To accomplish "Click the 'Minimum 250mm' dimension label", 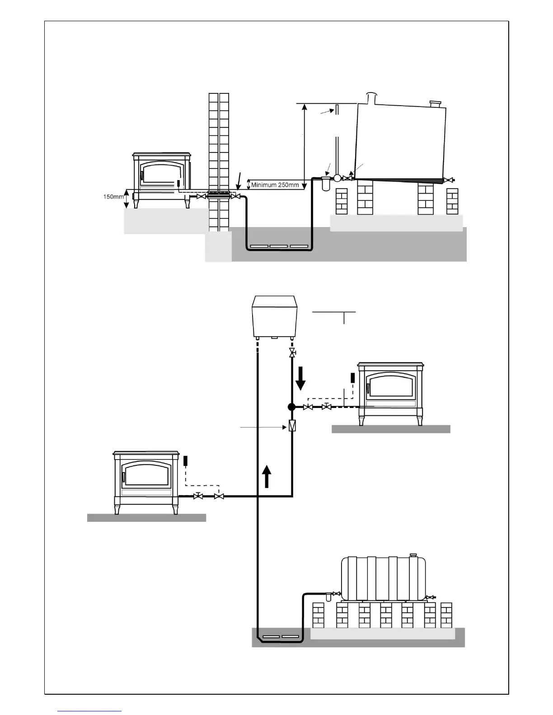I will pyautogui.click(x=275, y=185).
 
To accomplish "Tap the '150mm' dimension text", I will pyautogui.click(x=113, y=197).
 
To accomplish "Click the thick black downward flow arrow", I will pyautogui.click(x=300, y=378).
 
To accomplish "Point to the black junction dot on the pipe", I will pyautogui.click(x=292, y=407).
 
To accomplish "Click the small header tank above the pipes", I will pyautogui.click(x=274, y=316).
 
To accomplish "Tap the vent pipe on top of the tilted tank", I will pyautogui.click(x=371, y=97).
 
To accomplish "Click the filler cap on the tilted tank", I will pyautogui.click(x=436, y=104).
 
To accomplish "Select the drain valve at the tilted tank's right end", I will pyautogui.click(x=449, y=180).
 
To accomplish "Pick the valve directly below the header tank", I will pyautogui.click(x=292, y=353).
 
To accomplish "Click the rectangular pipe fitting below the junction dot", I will pyautogui.click(x=292, y=426).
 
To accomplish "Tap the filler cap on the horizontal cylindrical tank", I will pyautogui.click(x=412, y=555).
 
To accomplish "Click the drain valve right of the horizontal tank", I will pyautogui.click(x=431, y=597).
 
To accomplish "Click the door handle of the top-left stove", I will pyautogui.click(x=142, y=176).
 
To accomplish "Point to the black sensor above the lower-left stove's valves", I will pyautogui.click(x=185, y=461).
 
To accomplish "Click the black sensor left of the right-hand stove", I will pyautogui.click(x=353, y=377).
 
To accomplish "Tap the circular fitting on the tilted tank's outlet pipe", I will pyautogui.click(x=337, y=178).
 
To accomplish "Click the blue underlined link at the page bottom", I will pyautogui.click(x=89, y=711).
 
